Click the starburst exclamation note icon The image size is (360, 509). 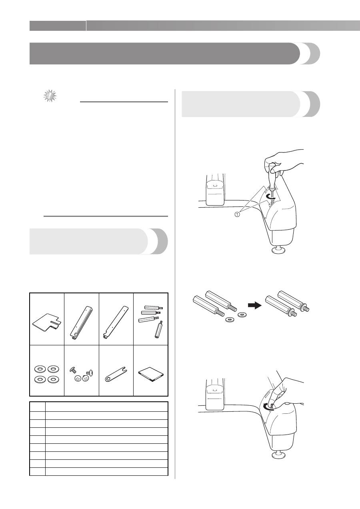(x=50, y=96)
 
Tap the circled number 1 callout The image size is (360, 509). (x=237, y=214)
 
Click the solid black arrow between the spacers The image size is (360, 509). (x=255, y=305)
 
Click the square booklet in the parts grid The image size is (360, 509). (x=150, y=374)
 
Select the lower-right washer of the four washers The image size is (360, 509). (x=54, y=379)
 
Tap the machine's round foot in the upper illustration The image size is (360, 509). (x=279, y=250)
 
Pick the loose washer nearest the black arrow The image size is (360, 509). (x=242, y=315)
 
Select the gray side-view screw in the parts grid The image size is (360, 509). (x=73, y=370)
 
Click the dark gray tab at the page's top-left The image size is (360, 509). (x=58, y=26)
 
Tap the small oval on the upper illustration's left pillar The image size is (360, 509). (x=214, y=186)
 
